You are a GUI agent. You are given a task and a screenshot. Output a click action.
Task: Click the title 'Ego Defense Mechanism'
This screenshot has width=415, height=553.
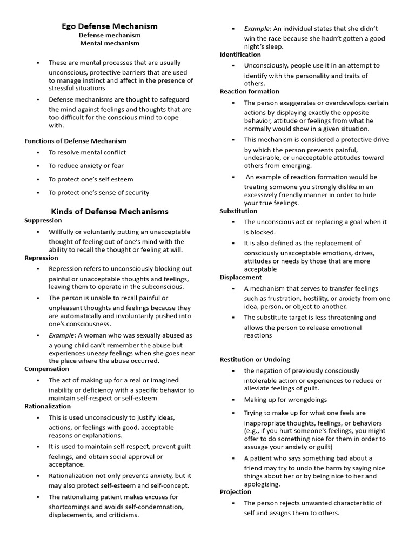[x=109, y=26]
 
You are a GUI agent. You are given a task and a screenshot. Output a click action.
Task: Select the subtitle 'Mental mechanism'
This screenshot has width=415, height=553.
[x=110, y=43]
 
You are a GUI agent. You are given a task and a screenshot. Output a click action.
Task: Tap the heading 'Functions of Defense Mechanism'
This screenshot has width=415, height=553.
[x=76, y=141]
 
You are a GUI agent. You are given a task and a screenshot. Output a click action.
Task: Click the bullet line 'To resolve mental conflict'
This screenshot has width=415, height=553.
[x=87, y=153]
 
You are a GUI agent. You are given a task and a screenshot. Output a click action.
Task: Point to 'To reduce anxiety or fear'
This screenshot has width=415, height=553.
[x=86, y=166]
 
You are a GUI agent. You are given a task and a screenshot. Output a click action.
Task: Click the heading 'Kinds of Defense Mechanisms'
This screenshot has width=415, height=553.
[x=110, y=211]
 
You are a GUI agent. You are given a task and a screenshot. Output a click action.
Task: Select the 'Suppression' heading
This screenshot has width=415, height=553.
[x=43, y=220]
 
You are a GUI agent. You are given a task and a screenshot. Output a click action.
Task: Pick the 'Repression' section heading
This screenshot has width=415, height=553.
[x=41, y=258]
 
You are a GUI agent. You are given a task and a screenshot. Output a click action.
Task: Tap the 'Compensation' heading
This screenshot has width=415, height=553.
[x=46, y=369]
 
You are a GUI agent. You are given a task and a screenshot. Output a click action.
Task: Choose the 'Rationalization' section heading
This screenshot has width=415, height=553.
[x=48, y=406]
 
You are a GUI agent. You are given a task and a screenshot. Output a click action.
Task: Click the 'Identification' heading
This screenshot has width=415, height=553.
[x=240, y=55]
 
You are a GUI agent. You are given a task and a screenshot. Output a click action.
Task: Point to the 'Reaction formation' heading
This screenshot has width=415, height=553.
[x=249, y=91]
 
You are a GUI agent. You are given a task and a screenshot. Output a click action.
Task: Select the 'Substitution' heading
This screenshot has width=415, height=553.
[x=238, y=211]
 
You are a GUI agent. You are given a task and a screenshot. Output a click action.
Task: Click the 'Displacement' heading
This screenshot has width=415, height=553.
[x=240, y=277]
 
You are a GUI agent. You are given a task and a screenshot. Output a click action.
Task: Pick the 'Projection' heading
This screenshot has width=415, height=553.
[x=235, y=492]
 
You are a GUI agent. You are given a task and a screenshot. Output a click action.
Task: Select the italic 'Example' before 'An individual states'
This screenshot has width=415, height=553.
[x=257, y=29]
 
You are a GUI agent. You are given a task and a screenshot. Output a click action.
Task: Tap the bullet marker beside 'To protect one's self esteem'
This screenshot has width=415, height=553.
[x=38, y=179]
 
